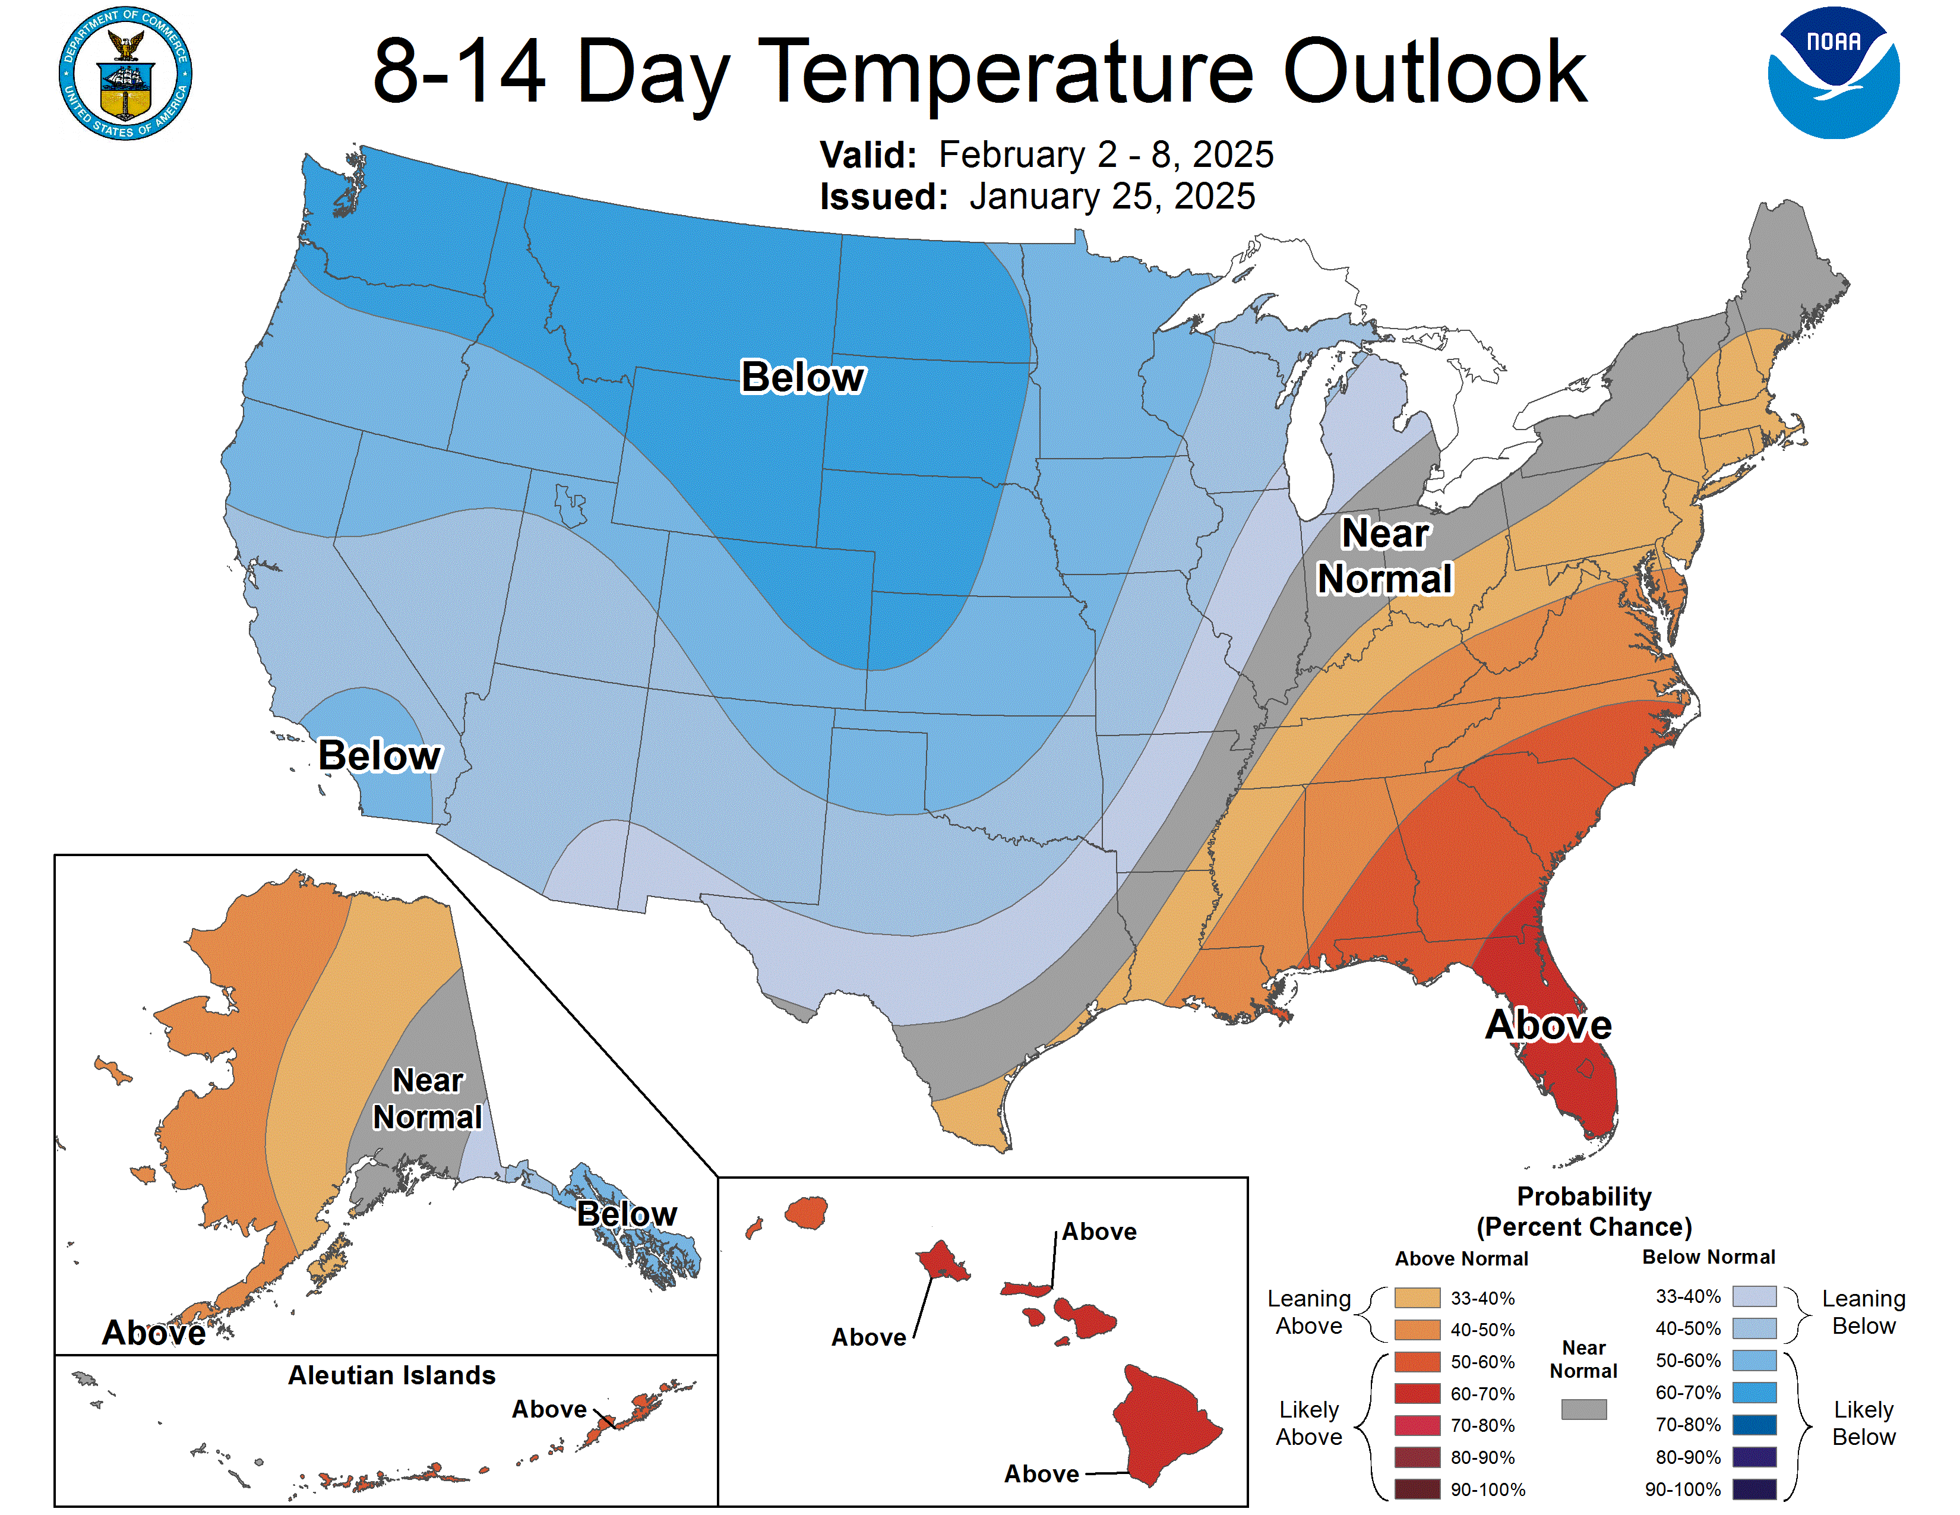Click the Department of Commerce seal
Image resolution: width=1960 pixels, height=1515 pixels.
(x=126, y=74)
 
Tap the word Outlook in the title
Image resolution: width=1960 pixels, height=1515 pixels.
(x=1434, y=72)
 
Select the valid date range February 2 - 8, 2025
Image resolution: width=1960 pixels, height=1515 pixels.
(x=1106, y=154)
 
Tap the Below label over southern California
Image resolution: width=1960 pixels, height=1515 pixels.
(x=379, y=756)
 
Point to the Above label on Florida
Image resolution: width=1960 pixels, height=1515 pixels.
(x=1548, y=1025)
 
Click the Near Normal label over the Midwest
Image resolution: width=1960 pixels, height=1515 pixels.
(x=1384, y=557)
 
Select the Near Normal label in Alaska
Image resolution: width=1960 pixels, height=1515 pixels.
(x=427, y=1099)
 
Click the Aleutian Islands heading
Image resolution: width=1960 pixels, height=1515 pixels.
(x=391, y=1375)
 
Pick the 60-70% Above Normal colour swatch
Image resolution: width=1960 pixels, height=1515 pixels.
(x=1417, y=1394)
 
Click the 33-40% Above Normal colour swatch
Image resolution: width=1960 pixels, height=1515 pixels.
(x=1417, y=1298)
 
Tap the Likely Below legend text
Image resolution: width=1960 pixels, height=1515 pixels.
(x=1863, y=1424)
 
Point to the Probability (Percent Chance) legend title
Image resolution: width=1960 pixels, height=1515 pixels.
(x=1584, y=1211)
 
